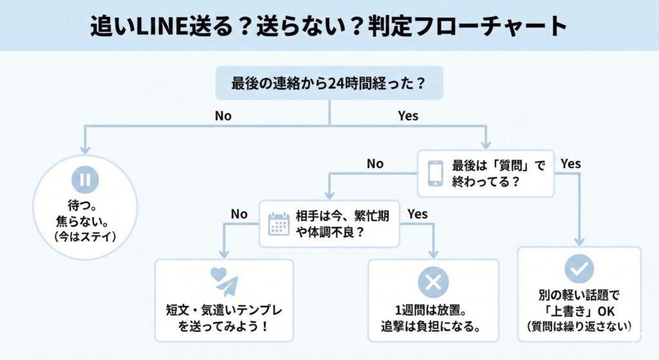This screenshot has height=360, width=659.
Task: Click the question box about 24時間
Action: (x=329, y=83)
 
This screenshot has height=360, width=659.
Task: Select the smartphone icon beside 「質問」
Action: (x=436, y=173)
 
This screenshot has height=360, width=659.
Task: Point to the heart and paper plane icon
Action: (x=224, y=281)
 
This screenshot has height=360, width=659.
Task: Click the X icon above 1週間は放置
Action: (x=432, y=282)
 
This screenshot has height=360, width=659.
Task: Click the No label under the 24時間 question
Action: (x=223, y=116)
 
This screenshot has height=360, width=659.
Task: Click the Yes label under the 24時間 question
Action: (x=407, y=116)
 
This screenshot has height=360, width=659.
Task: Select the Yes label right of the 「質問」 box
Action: (x=570, y=164)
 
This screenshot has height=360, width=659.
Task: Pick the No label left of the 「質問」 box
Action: (x=375, y=164)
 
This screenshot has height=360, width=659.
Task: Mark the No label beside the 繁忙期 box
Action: (x=239, y=214)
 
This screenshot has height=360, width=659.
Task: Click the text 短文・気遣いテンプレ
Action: (x=224, y=309)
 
